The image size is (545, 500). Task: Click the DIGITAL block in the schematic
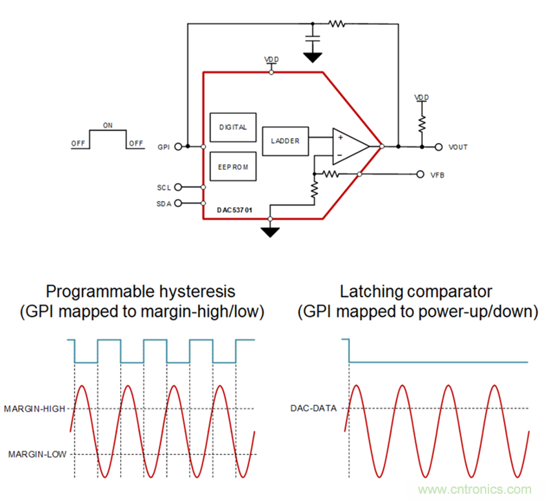[232, 128]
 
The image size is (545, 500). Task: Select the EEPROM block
[232, 166]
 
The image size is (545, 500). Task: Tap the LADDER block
[285, 140]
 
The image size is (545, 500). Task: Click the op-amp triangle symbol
[348, 146]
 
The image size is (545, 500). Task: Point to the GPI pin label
[163, 146]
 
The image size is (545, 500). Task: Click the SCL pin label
[163, 187]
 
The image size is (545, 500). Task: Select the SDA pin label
[163, 203]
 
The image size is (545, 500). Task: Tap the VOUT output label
[458, 147]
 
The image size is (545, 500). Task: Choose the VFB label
[437, 175]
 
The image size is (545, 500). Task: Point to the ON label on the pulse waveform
[108, 125]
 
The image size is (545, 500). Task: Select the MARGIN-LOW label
[37, 454]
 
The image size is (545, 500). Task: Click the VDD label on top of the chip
[271, 60]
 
